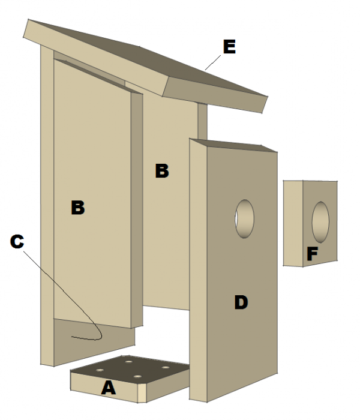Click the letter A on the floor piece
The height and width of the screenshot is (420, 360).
tap(108, 388)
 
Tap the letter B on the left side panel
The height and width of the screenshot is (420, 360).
tap(78, 208)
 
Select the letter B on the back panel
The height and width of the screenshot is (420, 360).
tap(161, 171)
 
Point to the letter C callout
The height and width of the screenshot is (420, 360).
tap(17, 241)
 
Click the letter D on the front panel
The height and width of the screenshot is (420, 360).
tap(240, 303)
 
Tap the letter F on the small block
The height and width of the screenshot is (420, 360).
tap(311, 254)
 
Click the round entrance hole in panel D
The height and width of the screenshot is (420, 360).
tap(244, 219)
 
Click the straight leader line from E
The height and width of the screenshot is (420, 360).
tap(213, 62)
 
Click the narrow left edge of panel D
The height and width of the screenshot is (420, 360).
tap(197, 270)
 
